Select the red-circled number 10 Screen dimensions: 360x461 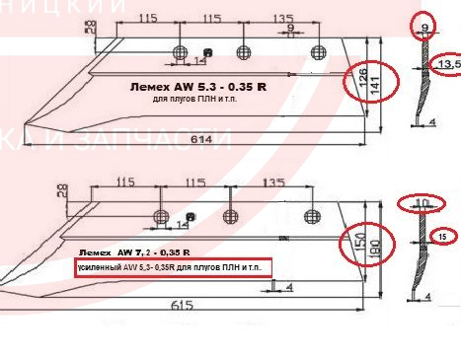click(x=422, y=204)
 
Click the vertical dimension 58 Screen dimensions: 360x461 click(x=89, y=27)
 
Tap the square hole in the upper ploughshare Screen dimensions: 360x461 click(x=206, y=52)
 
